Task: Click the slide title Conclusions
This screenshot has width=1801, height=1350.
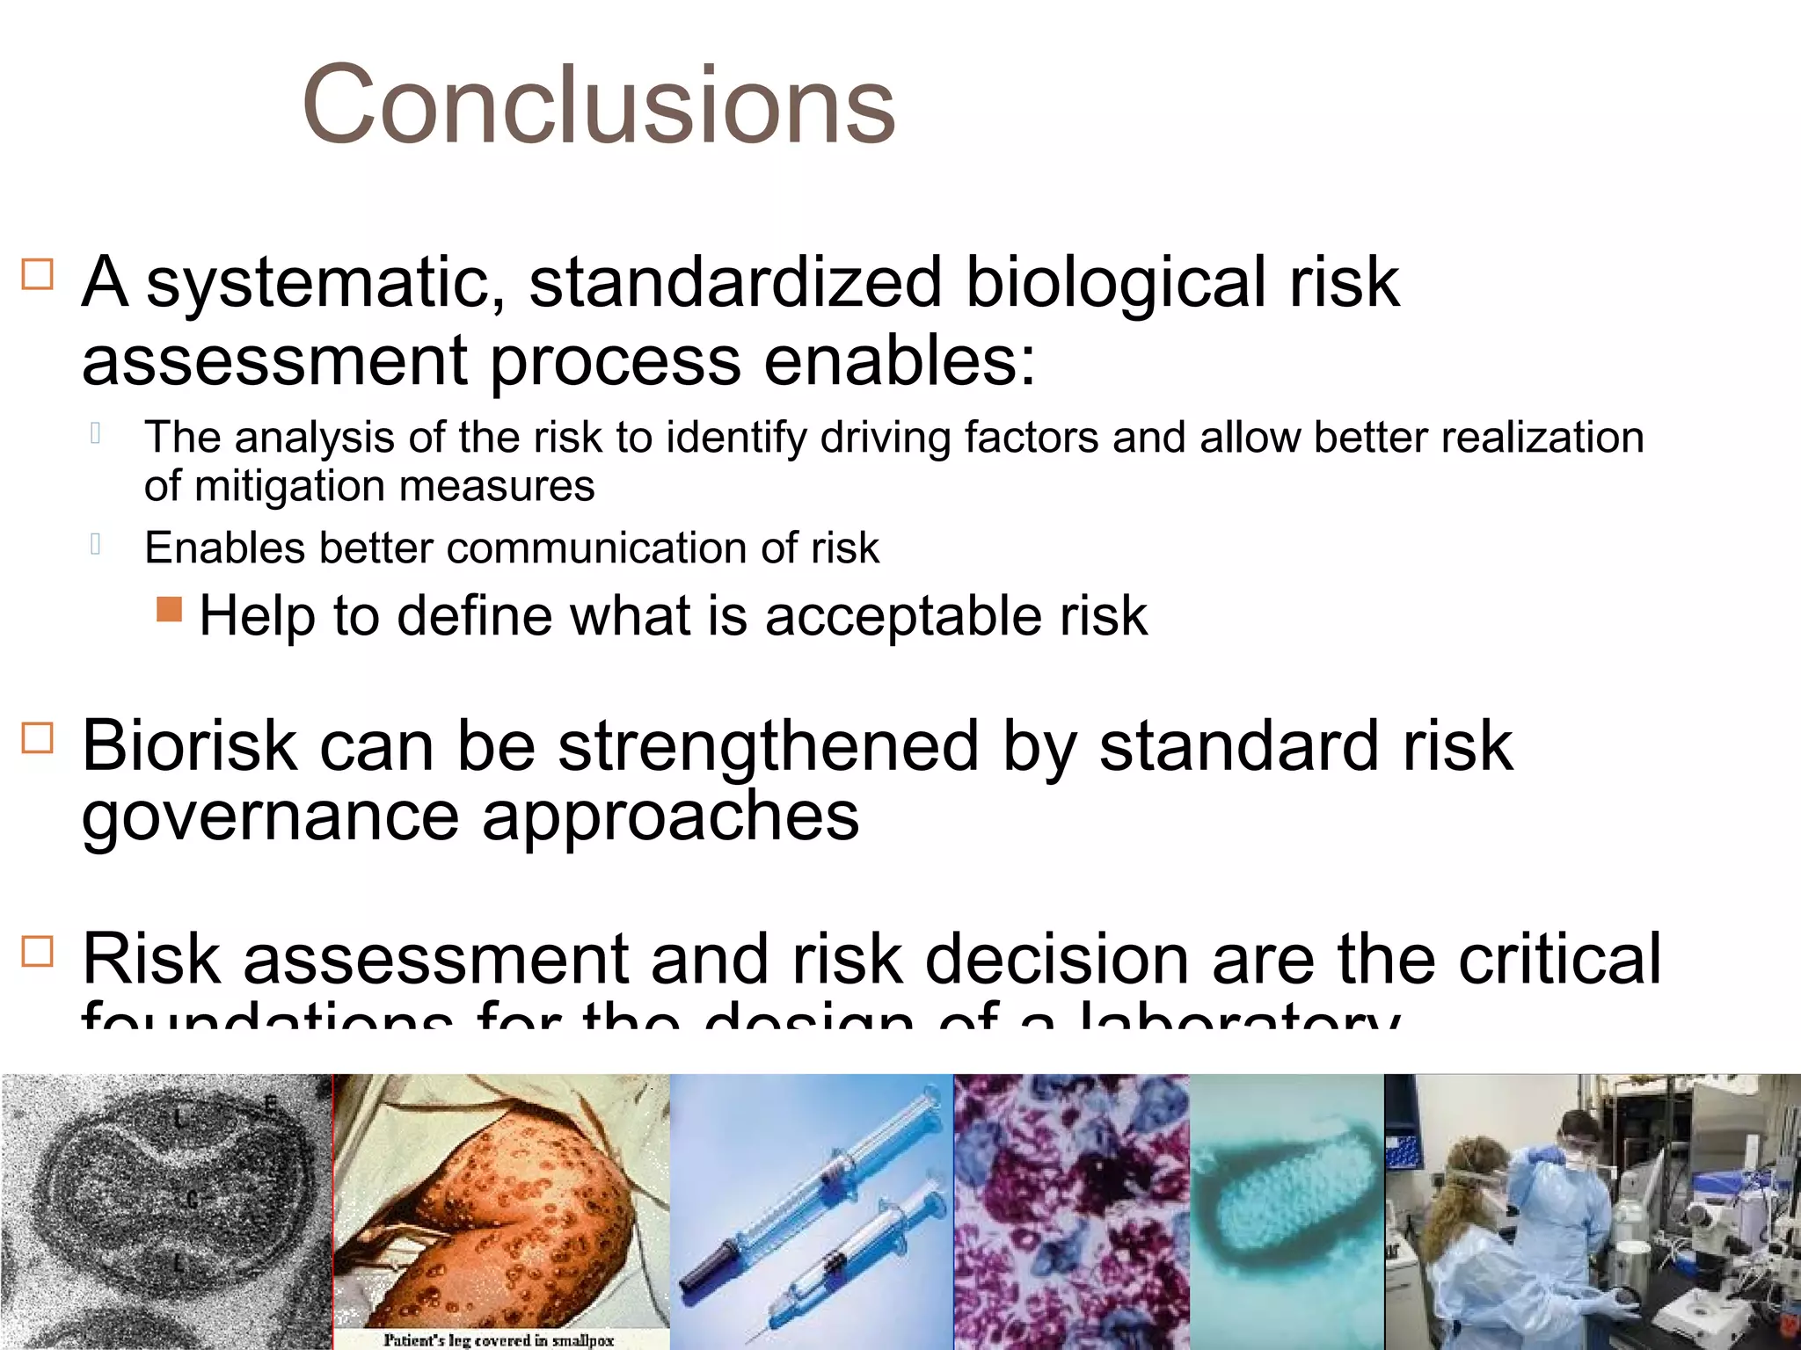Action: [598, 105]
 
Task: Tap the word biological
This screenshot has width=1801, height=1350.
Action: [1117, 283]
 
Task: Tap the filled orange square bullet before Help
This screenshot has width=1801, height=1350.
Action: [169, 609]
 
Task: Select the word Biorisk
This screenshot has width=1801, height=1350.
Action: [189, 746]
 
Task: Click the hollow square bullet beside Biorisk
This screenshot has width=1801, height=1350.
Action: [38, 738]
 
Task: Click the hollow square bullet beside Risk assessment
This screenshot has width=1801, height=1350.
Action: [38, 951]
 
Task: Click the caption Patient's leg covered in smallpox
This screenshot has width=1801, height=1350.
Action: [499, 1339]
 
